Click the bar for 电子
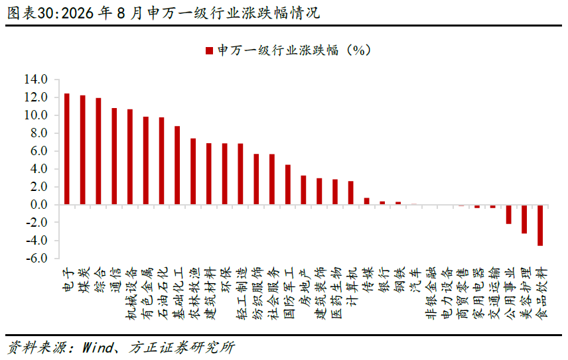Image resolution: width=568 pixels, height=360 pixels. [x=67, y=149]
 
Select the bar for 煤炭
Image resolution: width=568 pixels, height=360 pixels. [x=82, y=150]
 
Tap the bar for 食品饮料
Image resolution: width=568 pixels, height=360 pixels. [x=540, y=225]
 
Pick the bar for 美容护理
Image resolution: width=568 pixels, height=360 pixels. [x=524, y=219]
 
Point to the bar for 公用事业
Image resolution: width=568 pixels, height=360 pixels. [x=508, y=215]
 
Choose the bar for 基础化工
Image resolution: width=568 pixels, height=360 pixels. [x=177, y=165]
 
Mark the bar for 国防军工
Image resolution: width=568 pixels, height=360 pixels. [x=288, y=185]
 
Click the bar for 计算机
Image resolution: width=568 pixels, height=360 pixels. [x=350, y=193]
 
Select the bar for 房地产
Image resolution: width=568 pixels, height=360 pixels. [x=303, y=190]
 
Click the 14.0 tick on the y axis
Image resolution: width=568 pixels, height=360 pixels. [x=36, y=80]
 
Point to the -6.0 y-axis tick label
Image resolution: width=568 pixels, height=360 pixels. [x=36, y=259]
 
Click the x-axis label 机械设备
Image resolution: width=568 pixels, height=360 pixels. [x=131, y=294]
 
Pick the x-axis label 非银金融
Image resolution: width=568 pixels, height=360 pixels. [x=431, y=294]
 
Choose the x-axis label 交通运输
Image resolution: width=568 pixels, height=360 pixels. [x=494, y=294]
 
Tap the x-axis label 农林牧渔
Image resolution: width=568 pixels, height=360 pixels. [x=194, y=294]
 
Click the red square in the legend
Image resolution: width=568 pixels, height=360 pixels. [x=209, y=50]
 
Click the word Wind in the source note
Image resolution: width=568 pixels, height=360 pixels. [x=98, y=347]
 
